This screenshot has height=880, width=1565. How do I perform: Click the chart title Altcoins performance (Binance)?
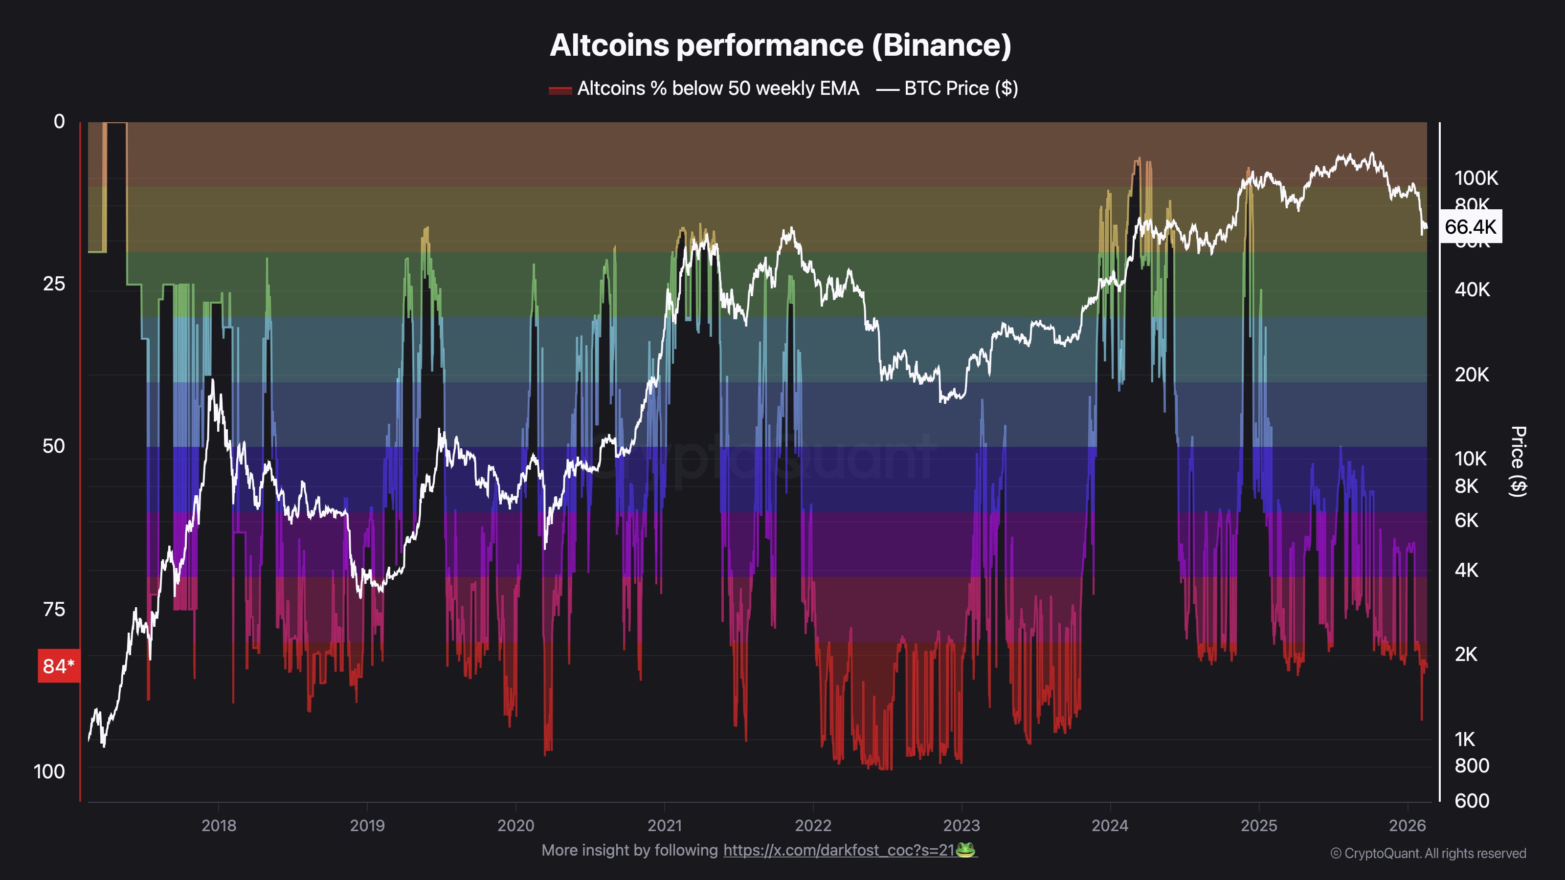click(x=780, y=45)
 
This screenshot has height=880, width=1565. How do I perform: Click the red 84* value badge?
click(x=58, y=666)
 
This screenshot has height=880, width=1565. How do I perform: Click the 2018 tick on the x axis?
click(x=219, y=825)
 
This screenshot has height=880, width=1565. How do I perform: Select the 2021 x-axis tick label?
click(x=665, y=825)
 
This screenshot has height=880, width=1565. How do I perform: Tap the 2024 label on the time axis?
click(x=1110, y=825)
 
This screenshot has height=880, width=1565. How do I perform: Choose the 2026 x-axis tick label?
click(x=1407, y=825)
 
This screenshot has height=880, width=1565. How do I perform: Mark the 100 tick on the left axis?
click(x=49, y=772)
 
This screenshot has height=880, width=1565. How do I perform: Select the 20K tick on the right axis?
click(x=1472, y=374)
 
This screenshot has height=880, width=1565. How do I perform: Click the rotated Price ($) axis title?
click(x=1518, y=462)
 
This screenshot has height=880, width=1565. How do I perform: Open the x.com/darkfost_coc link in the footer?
click(x=838, y=850)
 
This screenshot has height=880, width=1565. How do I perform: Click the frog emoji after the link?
click(x=965, y=850)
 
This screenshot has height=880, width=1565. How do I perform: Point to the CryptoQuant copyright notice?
click(x=1428, y=853)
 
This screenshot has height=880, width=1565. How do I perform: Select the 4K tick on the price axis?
click(x=1466, y=570)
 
